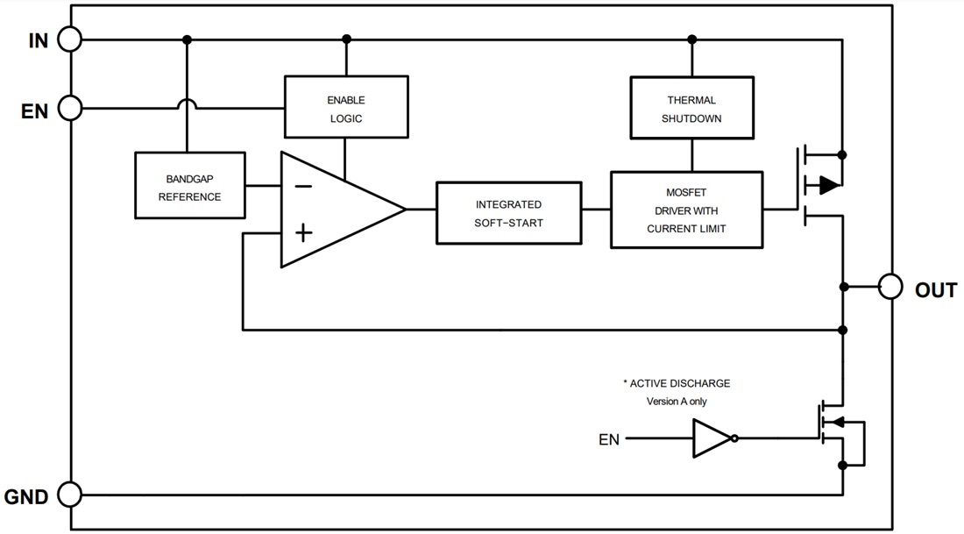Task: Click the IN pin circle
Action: click(69, 39)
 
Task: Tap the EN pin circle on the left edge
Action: click(69, 109)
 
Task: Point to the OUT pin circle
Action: click(890, 287)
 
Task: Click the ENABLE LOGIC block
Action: click(346, 107)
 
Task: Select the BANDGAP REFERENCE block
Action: click(189, 186)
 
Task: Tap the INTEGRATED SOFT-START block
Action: click(508, 213)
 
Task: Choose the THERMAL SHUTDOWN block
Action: click(691, 108)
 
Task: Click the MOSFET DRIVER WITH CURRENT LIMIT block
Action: click(686, 210)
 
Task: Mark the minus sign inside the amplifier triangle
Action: click(302, 186)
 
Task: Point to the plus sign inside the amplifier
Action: click(302, 232)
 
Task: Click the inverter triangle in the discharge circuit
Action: click(711, 438)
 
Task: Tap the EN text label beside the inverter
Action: click(609, 439)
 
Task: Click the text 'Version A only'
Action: click(677, 402)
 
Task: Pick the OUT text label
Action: click(935, 290)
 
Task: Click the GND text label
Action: click(26, 497)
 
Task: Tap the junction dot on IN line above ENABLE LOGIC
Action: click(346, 39)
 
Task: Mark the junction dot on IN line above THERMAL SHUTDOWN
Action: click(691, 39)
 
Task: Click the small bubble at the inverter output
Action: click(735, 438)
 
